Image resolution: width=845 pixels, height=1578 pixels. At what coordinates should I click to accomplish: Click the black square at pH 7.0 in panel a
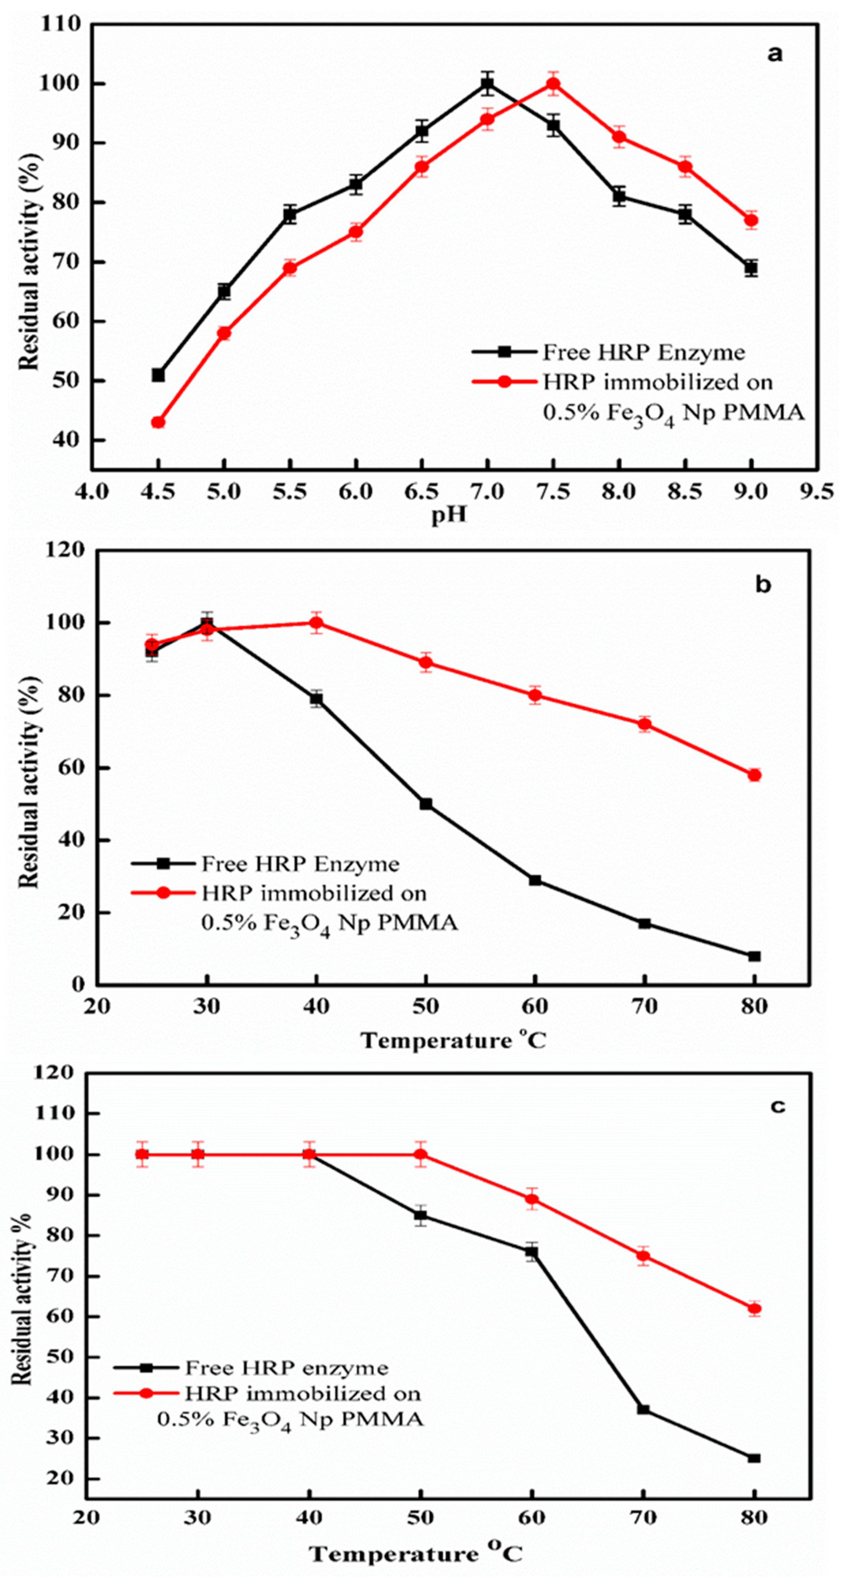(487, 84)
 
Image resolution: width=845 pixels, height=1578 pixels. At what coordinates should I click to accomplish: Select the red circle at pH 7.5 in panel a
(553, 84)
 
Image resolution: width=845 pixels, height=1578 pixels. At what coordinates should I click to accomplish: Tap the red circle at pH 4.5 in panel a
(158, 422)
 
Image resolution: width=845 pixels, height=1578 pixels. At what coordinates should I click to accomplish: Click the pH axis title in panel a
(449, 515)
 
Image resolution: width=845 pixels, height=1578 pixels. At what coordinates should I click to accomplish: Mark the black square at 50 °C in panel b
(426, 804)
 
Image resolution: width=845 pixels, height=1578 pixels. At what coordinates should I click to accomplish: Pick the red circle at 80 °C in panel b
(754, 775)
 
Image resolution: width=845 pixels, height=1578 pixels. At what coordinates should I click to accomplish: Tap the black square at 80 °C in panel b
(754, 956)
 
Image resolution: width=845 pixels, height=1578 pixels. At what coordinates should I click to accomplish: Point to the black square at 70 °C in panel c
(643, 1410)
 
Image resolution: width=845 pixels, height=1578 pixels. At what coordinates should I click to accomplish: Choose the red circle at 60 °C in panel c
(532, 1199)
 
